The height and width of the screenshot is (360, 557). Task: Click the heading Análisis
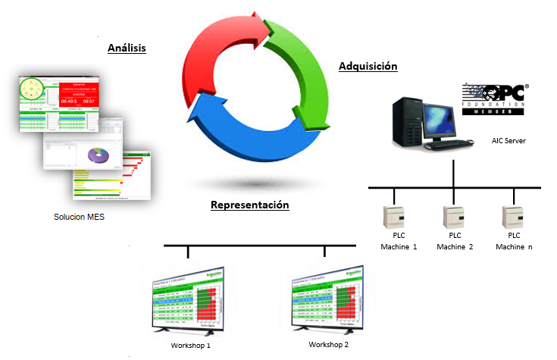126,48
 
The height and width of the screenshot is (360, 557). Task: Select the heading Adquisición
368,67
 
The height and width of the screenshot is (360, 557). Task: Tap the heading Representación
249,205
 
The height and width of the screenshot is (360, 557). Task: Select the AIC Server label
508,141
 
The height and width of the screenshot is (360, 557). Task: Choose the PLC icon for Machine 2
452,218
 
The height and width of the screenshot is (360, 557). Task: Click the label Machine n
514,247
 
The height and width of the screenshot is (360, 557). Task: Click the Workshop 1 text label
190,346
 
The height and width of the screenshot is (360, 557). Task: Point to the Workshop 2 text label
330,345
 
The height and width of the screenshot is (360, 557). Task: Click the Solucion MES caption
79,218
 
